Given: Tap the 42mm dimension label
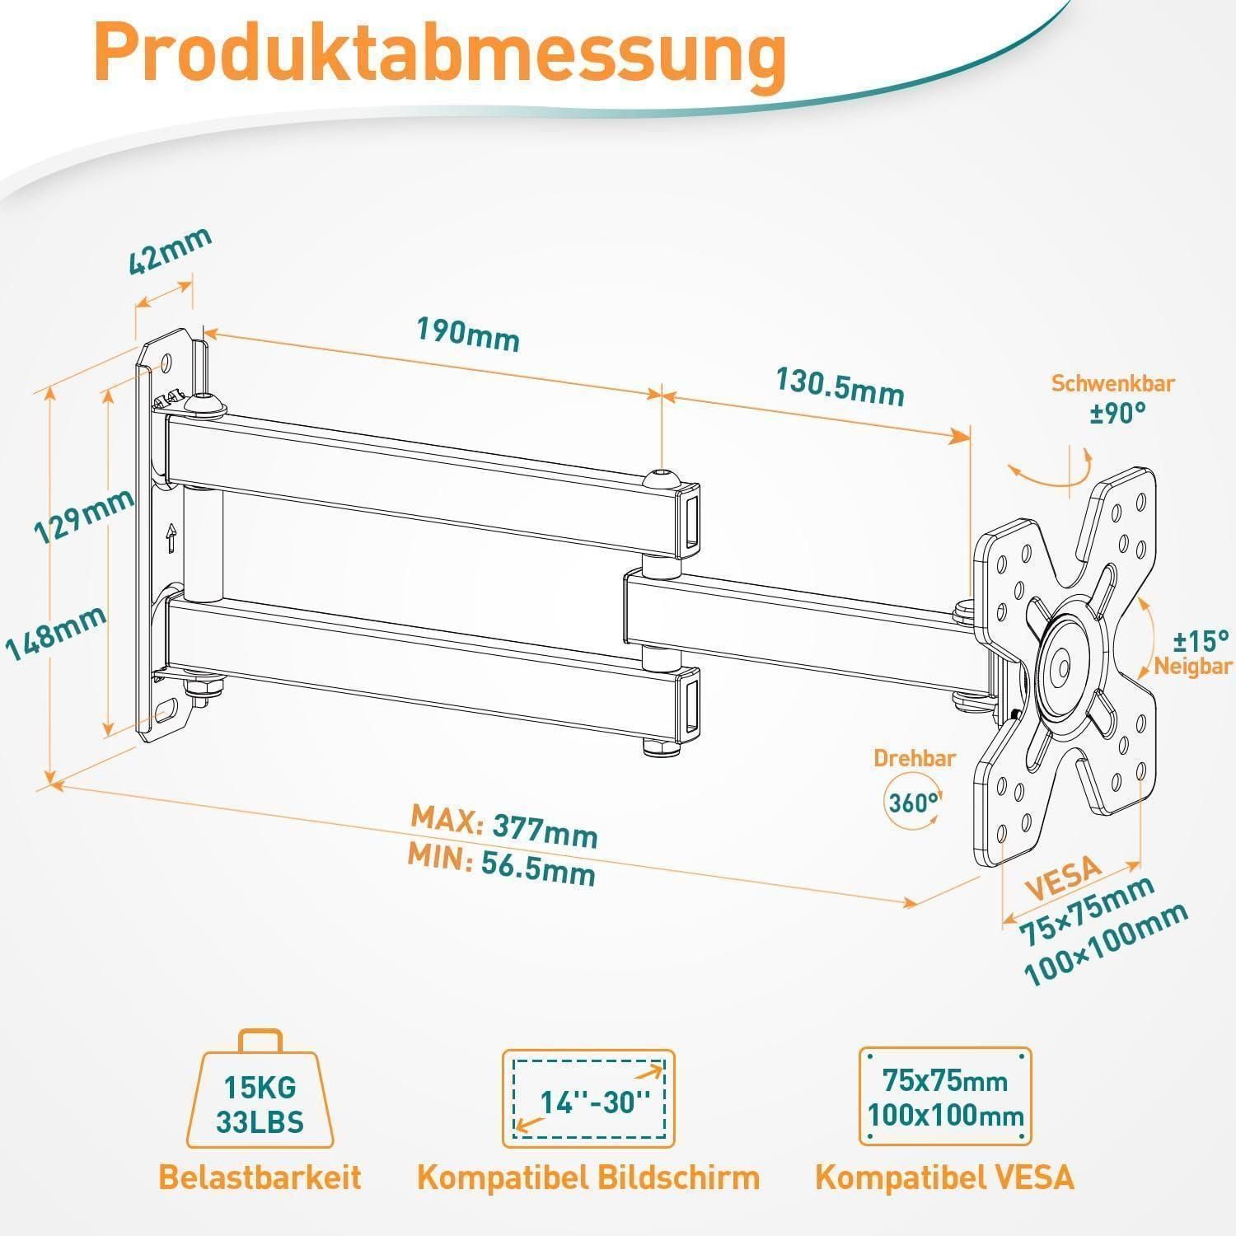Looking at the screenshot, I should click(171, 250).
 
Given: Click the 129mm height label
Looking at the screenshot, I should click(83, 517).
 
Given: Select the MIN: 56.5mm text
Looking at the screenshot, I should click(501, 866).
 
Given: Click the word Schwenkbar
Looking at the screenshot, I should click(1112, 383).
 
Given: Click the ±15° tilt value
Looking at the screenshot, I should click(1201, 639).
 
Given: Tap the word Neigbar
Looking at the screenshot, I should click(1192, 667).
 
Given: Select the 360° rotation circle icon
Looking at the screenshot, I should click(913, 802).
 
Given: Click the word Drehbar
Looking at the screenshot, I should click(915, 758).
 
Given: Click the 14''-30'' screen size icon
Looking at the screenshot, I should click(588, 1098).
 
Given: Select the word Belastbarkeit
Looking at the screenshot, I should click(260, 1177).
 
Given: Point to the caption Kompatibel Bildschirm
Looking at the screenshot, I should click(588, 1177).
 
